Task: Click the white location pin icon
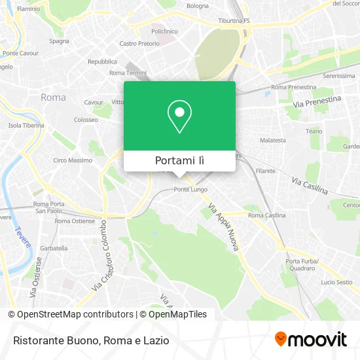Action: point(179,117)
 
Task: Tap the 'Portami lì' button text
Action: point(179,160)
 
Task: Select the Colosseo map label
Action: point(86,120)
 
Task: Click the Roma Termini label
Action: point(127,73)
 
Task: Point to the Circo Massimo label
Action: point(73,160)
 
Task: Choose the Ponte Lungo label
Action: point(190,189)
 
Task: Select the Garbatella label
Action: point(54,248)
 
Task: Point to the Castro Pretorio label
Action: point(139,44)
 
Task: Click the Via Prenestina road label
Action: point(317,102)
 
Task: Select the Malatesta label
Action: point(273,140)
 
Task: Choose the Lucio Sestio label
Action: point(336,282)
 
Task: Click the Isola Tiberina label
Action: point(26,125)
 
